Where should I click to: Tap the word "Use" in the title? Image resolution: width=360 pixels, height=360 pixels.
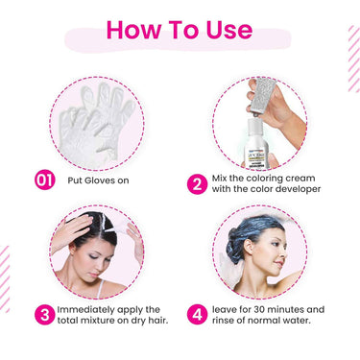point(229,30)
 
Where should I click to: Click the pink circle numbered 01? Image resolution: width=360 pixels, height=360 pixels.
point(45,180)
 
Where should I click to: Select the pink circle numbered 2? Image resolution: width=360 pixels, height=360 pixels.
point(197,183)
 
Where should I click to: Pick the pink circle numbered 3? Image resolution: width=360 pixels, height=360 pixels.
point(45,315)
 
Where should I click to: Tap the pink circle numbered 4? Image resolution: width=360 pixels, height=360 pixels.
point(197,315)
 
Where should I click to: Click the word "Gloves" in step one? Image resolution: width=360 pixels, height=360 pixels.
point(99,180)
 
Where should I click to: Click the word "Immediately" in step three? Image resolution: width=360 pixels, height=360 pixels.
point(85,310)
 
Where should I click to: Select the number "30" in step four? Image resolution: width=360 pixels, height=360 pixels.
point(259,310)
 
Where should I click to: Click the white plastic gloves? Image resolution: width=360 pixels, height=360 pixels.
point(96,123)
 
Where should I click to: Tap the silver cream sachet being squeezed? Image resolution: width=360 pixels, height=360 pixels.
point(262,96)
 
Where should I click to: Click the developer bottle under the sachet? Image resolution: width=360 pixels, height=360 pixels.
point(256,143)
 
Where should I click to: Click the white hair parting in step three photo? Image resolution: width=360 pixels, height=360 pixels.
point(103,223)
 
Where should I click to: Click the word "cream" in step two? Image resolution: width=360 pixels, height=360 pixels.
point(300,179)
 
